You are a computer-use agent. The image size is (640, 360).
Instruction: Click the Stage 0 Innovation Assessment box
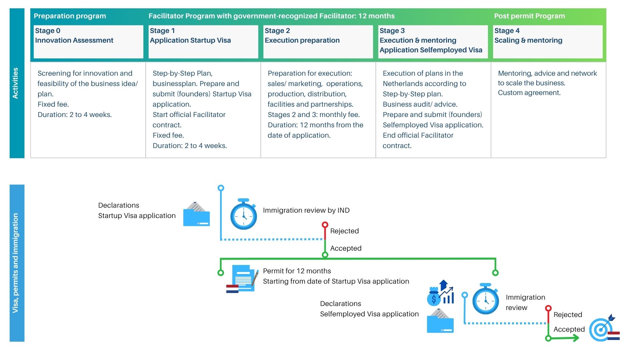coord(88,41)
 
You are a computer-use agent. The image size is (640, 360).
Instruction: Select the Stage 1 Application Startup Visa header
coord(203,41)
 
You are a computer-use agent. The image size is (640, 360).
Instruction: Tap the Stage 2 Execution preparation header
coord(318,41)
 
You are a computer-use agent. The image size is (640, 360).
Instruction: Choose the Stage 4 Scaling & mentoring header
coord(547,41)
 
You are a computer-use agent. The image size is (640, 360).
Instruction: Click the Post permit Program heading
coord(529,16)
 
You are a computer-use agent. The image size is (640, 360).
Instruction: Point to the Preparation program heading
coord(70,16)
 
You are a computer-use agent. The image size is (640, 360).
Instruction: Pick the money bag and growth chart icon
coord(441,293)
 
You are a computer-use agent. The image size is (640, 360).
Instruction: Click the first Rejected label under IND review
coord(344,231)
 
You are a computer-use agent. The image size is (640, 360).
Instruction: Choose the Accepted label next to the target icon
coord(569,329)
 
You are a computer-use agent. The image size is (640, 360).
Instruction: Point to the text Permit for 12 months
coord(297,271)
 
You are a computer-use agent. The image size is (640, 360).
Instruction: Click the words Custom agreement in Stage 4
coord(529,93)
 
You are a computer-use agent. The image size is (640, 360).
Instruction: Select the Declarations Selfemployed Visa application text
coord(369,309)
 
